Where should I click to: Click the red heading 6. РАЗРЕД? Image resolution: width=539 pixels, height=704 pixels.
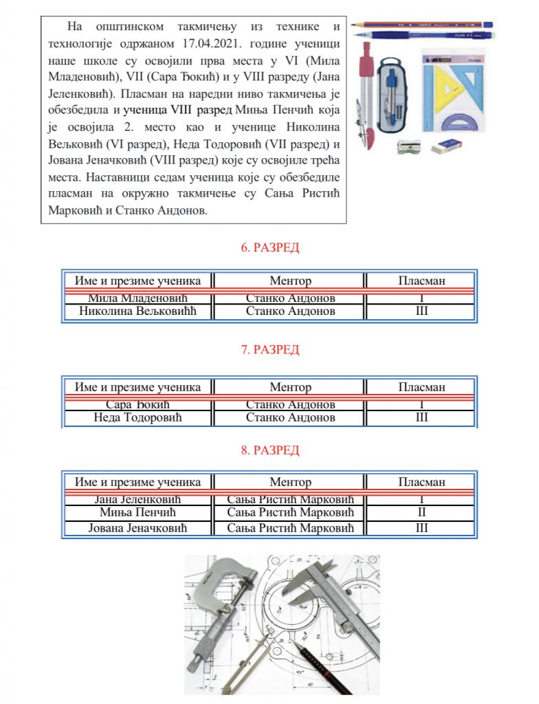click(x=269, y=248)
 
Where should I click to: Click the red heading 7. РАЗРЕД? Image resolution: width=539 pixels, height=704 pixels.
click(x=269, y=350)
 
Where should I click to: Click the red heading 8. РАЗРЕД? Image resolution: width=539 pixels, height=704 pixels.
click(x=269, y=451)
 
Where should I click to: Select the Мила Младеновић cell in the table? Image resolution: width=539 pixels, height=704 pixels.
click(x=137, y=298)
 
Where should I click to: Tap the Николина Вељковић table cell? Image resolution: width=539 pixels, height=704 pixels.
click(x=137, y=311)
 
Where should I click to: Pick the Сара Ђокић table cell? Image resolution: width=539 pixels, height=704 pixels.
click(x=137, y=404)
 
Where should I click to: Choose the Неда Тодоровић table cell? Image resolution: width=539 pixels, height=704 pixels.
click(x=137, y=417)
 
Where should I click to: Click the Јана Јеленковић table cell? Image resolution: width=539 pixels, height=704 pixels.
click(x=137, y=499)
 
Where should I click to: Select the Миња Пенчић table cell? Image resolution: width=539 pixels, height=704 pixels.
click(x=137, y=513)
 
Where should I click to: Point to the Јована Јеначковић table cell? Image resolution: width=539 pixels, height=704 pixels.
click(x=137, y=528)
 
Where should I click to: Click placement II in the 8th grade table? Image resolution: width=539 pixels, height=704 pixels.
click(x=421, y=513)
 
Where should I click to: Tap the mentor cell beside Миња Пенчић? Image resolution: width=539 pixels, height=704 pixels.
click(x=290, y=513)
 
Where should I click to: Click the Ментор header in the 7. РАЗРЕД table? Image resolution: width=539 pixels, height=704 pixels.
click(x=290, y=387)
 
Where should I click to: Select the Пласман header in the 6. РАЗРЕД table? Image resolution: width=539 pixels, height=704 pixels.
click(x=421, y=280)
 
